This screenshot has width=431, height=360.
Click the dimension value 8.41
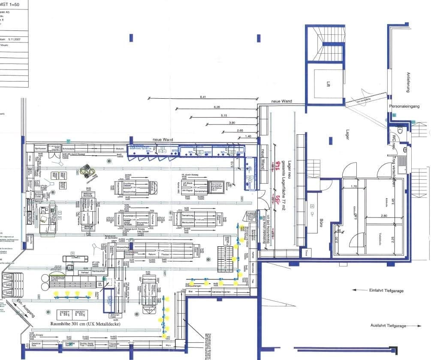(x=203, y=97)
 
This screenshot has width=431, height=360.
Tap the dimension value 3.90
(x=232, y=123)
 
